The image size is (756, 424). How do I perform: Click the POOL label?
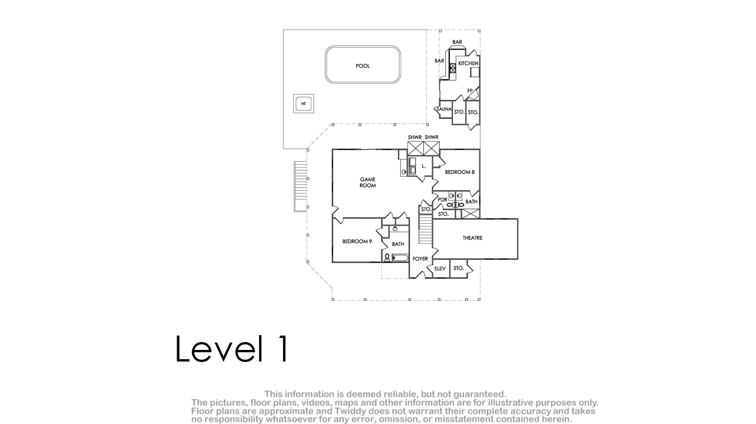pos(363,66)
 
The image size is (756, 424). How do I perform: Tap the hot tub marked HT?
pos(303,104)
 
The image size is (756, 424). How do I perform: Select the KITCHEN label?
pos(468,63)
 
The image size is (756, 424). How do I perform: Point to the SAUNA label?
pos(444,109)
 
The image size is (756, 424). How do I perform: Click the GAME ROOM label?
pos(367,182)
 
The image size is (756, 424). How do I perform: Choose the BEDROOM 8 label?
pos(460,172)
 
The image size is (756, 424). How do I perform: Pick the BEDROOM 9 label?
pos(357,242)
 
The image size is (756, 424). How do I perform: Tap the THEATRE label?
pos(472,238)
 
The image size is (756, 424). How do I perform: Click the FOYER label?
pos(420,259)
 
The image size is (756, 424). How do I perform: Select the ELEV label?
pos(440,268)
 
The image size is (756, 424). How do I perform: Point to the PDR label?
pos(442,200)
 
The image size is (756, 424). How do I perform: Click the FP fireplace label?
pos(470,91)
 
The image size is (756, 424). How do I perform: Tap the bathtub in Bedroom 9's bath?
pos(400,258)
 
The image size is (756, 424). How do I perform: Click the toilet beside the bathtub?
pos(387,258)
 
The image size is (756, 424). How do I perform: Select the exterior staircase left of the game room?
pos(300,187)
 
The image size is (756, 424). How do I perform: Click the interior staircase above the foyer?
pos(426,229)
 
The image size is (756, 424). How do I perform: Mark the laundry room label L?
pos(423,166)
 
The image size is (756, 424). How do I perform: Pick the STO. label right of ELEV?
pos(459,268)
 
